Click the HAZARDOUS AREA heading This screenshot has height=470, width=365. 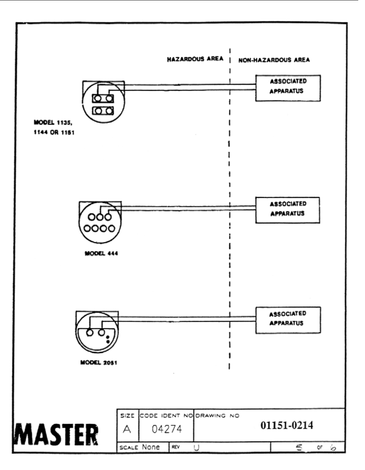pos(195,59)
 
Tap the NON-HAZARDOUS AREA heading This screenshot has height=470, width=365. pos(274,60)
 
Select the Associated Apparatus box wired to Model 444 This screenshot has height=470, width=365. pos(288,210)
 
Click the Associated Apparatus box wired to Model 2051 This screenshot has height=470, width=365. pos(288,320)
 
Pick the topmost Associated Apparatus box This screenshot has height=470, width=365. pos(288,88)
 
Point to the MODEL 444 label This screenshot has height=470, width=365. pos(101,254)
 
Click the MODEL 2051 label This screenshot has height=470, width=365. pos(98,363)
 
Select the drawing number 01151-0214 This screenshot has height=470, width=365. pos(287,425)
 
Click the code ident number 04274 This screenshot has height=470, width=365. pos(167,429)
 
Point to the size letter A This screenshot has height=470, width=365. pos(127,429)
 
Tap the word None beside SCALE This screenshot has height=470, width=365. pos(151,447)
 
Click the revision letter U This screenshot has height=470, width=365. pos(196,448)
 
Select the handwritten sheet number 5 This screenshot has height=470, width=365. pos(299,448)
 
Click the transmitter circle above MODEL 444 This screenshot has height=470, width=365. pos(100,223)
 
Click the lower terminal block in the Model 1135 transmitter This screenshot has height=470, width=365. pos(103,111)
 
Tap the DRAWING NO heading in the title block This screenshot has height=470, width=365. pos(218,416)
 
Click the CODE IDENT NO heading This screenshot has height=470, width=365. pos(166,416)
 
